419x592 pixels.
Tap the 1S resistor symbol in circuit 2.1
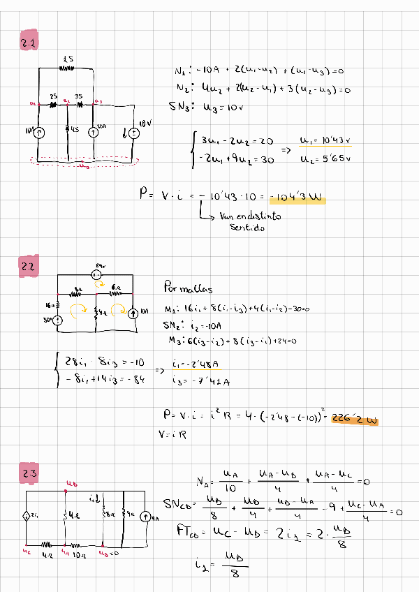67,68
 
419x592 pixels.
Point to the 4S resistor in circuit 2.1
67,129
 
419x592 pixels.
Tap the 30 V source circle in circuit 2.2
59,320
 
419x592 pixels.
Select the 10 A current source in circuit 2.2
133,312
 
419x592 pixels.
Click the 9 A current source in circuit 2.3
146,517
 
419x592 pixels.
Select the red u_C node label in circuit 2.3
27,554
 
